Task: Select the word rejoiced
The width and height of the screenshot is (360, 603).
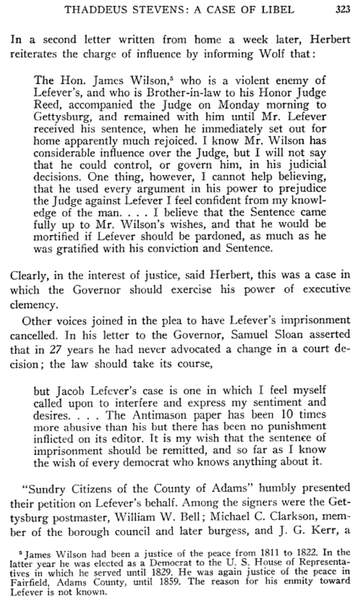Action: click(165, 141)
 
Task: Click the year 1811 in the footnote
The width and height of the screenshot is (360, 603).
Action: click(263, 553)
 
